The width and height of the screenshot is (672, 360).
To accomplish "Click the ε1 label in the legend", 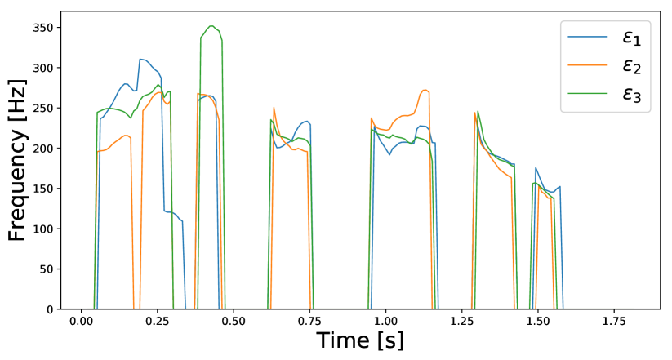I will coord(632,38).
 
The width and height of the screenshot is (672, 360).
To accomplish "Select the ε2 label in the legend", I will coord(632,66).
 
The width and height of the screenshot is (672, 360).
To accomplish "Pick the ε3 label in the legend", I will coord(632,94).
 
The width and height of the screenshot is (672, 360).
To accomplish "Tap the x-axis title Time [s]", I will coord(360,340).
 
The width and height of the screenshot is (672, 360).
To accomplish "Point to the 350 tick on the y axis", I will coord(43,28).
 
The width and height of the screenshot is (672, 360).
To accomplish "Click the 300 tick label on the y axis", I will coord(43,68).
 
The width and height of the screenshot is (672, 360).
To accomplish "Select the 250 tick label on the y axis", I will coord(43,108).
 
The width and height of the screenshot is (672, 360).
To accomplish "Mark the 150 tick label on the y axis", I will coord(43,189).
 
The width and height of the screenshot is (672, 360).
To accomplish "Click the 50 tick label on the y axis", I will coord(47,269).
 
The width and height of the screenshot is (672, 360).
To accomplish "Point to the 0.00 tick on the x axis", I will coord(81,322).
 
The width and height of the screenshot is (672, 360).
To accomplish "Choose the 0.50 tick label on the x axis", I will coord(234,322).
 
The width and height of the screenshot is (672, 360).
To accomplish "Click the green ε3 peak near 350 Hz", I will coord(211,26).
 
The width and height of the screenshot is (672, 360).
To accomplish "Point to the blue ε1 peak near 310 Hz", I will coord(141,59).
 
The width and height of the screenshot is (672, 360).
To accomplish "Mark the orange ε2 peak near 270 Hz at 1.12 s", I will coord(425,90).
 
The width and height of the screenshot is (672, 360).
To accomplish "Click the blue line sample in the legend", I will coord(588,38).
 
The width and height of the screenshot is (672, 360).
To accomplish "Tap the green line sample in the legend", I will coord(588,94).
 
